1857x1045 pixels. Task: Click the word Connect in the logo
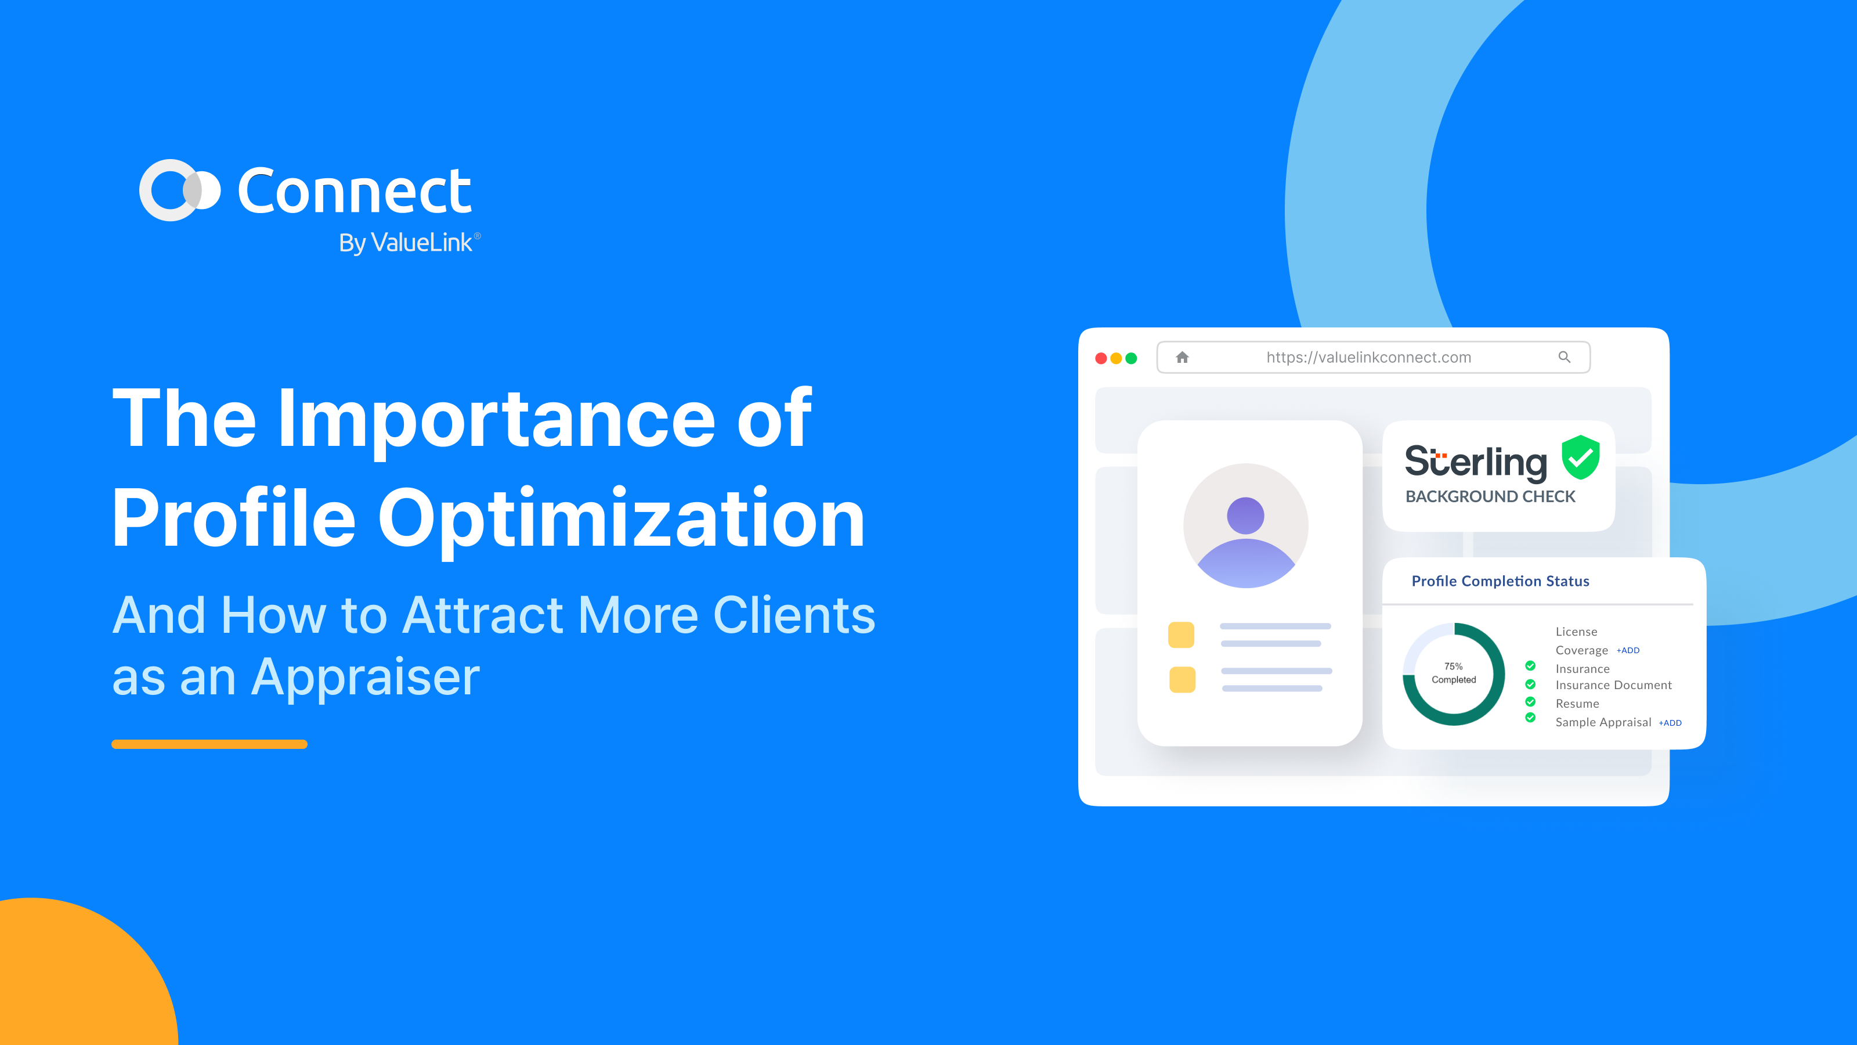(x=355, y=191)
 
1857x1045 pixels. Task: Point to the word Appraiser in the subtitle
(x=366, y=678)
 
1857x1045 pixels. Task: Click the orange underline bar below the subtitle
(x=209, y=744)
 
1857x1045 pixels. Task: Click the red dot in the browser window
(x=1101, y=358)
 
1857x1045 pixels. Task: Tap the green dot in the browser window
(x=1131, y=358)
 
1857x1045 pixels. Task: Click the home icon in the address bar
(x=1182, y=357)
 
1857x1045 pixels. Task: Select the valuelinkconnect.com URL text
(x=1368, y=358)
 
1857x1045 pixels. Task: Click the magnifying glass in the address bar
(x=1565, y=357)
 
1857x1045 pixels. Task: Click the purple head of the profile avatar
(x=1246, y=516)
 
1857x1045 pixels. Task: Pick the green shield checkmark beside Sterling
(x=1581, y=457)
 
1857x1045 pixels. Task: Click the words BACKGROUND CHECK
(x=1490, y=497)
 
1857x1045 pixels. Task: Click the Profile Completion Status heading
(x=1500, y=581)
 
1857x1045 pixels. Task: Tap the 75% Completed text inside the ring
(x=1453, y=673)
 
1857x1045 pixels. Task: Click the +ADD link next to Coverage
(x=1628, y=650)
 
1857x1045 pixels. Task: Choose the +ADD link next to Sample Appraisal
(x=1670, y=723)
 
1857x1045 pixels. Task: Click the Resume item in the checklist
(x=1577, y=704)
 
